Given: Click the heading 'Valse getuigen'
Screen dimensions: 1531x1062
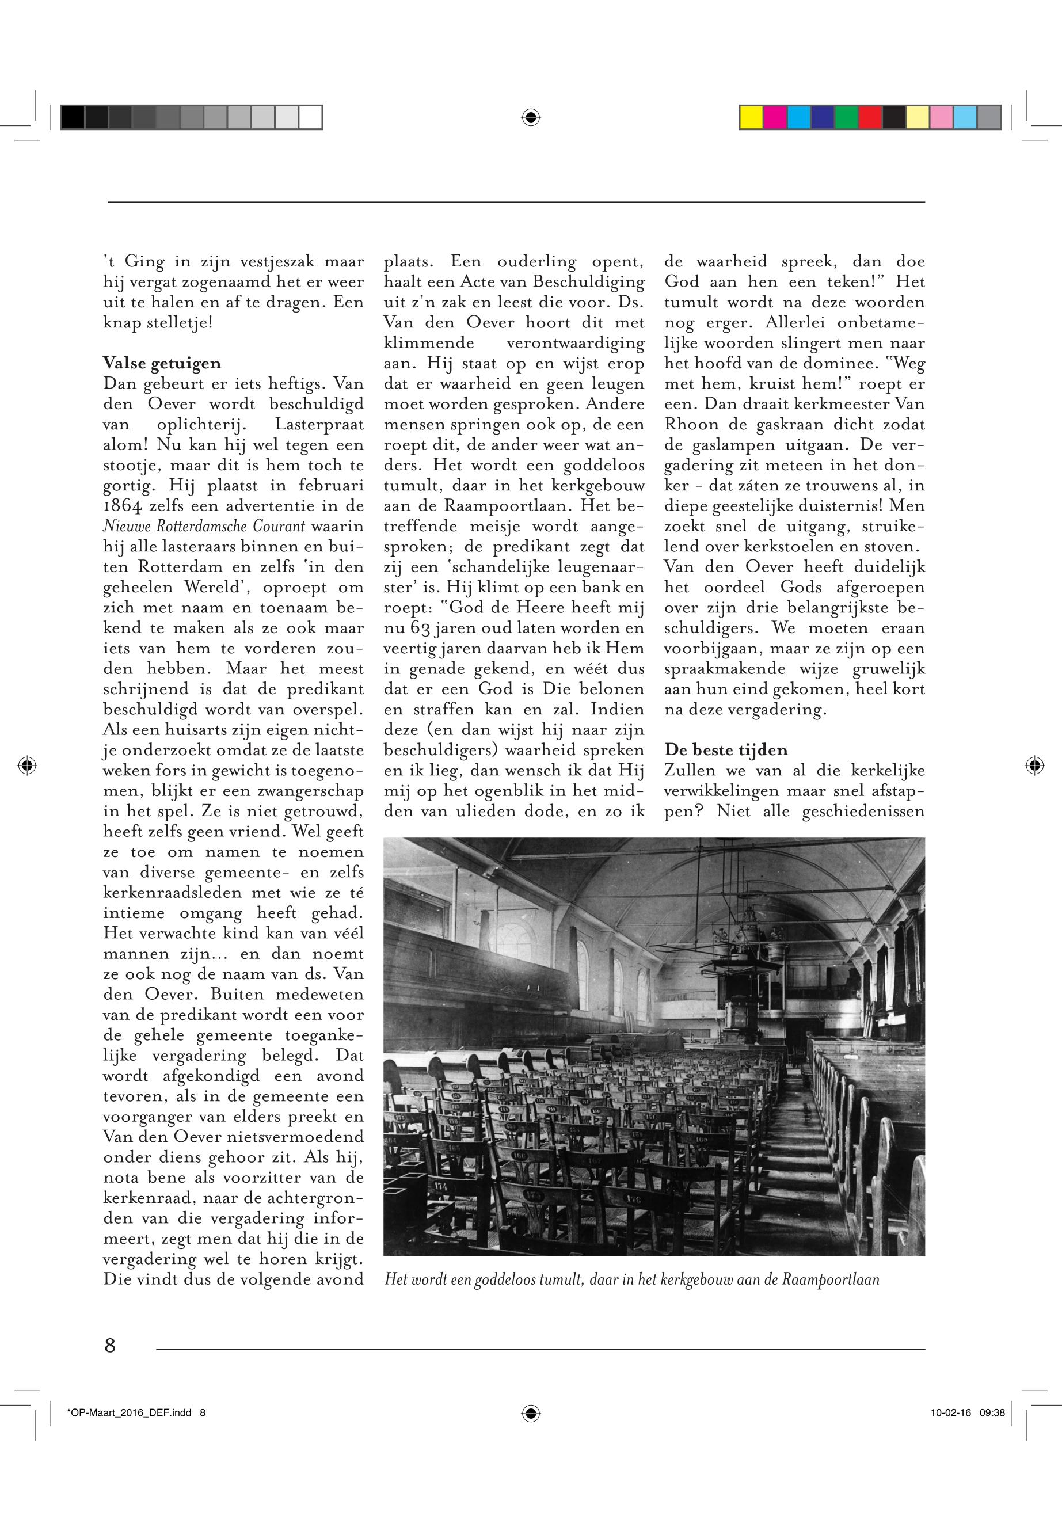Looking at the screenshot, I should (162, 363).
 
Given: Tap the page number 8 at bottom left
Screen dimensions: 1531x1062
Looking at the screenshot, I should (110, 1345).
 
